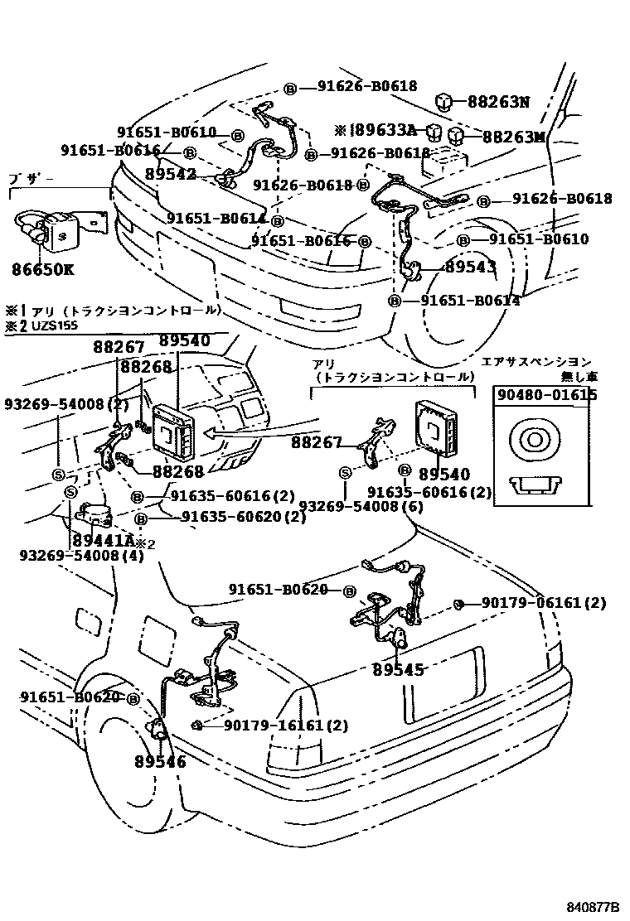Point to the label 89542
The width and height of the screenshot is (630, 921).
[x=170, y=174]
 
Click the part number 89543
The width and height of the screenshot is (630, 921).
[x=470, y=267]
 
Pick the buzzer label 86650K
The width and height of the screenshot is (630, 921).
[x=42, y=269]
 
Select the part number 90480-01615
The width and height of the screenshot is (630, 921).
[x=546, y=395]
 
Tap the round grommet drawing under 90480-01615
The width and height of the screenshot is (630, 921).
[x=531, y=438]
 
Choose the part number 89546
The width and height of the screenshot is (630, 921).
[x=159, y=761]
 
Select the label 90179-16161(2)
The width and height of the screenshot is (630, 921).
[x=286, y=726]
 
